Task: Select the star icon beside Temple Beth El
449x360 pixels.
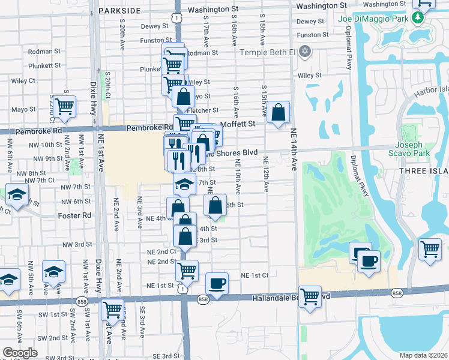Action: [x=305, y=51]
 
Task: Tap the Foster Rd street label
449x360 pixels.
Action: [x=74, y=215]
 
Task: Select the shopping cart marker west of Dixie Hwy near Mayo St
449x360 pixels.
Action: [x=64, y=107]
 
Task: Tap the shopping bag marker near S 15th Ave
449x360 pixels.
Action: [x=279, y=112]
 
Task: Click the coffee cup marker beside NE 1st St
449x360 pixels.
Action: [x=217, y=283]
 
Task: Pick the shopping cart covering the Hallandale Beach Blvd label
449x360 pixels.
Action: [x=310, y=296]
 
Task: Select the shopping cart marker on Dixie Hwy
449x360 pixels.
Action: [x=112, y=310]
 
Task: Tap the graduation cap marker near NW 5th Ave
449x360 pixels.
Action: [x=53, y=272]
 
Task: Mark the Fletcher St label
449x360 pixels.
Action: [x=202, y=110]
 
